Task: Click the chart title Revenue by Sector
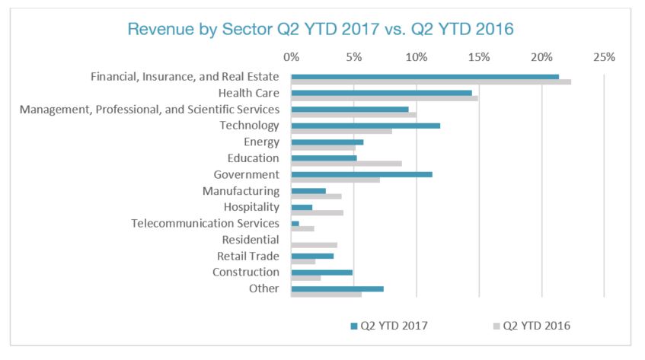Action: [x=321, y=30]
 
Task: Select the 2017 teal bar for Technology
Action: [x=366, y=126]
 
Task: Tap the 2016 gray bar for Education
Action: [x=346, y=163]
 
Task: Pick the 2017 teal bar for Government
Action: [x=362, y=174]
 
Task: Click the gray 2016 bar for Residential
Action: [x=314, y=245]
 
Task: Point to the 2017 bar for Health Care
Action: [x=382, y=93]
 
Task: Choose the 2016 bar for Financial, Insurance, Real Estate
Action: [x=431, y=81]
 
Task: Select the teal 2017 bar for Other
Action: [x=337, y=288]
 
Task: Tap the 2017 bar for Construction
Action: [x=321, y=272]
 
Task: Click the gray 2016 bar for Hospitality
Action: [x=317, y=212]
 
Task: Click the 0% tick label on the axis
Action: [x=291, y=57]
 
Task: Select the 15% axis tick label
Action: [x=478, y=57]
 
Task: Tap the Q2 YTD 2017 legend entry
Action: [x=388, y=326]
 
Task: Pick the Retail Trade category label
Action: [x=248, y=256]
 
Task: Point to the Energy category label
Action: [x=262, y=142]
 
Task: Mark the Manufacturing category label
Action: [x=241, y=191]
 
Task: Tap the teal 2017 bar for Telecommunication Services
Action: [x=295, y=223]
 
